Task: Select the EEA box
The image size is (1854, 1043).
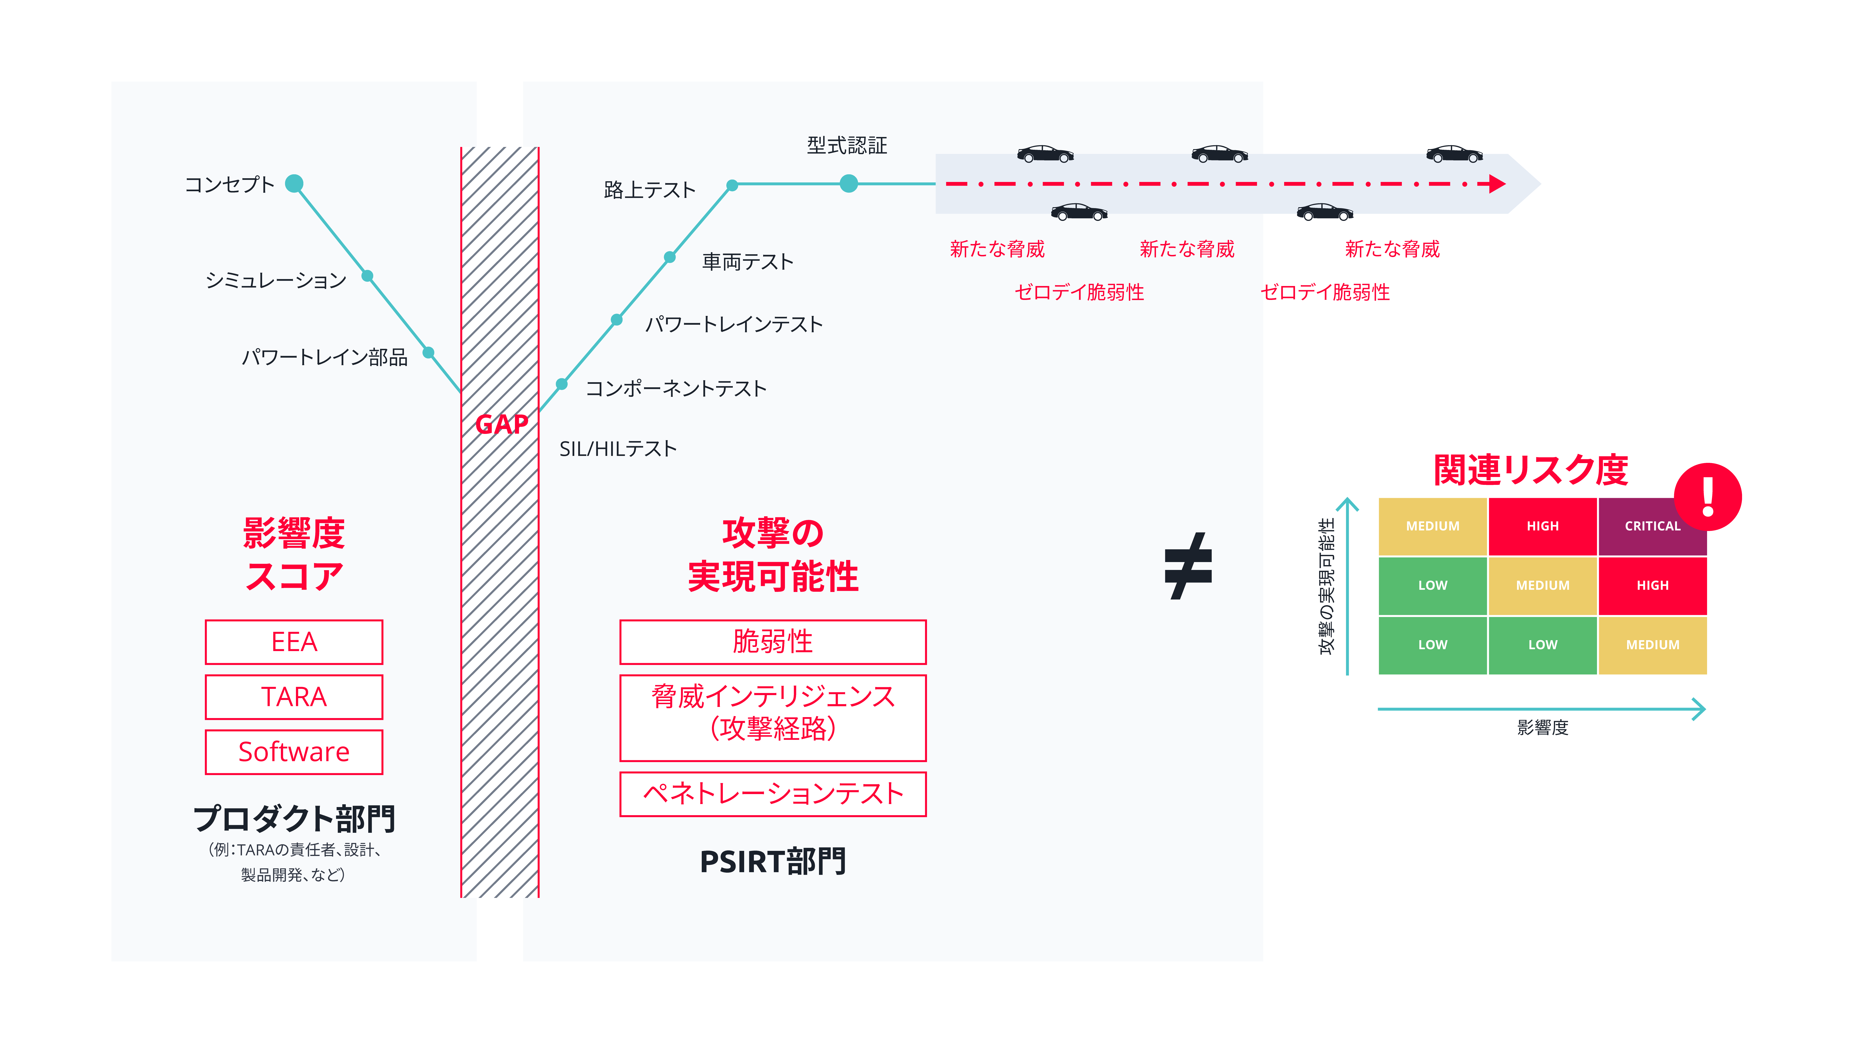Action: pyautogui.click(x=294, y=641)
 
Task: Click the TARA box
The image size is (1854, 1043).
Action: pyautogui.click(x=294, y=697)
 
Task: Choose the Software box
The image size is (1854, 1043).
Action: pyautogui.click(x=294, y=752)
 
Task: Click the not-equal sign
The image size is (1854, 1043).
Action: pyautogui.click(x=1188, y=566)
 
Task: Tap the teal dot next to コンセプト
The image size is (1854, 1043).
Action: pyautogui.click(x=294, y=184)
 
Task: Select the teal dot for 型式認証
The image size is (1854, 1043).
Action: pyautogui.click(x=848, y=184)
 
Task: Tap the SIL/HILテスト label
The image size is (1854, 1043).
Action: pyautogui.click(x=618, y=449)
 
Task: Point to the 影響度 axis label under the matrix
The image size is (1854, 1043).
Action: pyautogui.click(x=1542, y=728)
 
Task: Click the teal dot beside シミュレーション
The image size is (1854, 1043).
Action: pyautogui.click(x=367, y=276)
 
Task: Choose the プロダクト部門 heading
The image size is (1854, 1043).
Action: pyautogui.click(x=294, y=818)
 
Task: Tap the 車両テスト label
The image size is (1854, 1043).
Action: pyautogui.click(x=747, y=262)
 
